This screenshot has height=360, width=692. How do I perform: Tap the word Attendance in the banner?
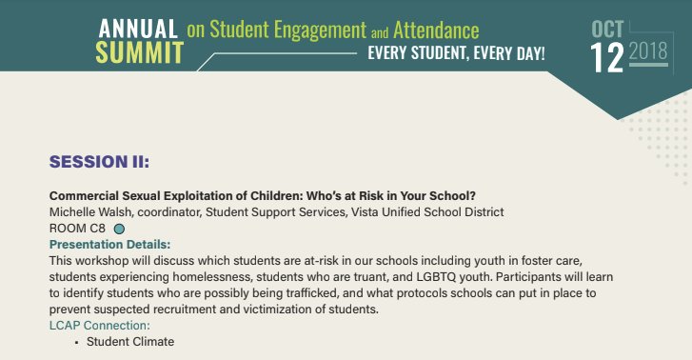pyautogui.click(x=433, y=30)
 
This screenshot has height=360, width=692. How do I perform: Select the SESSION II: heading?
pyautogui.click(x=99, y=161)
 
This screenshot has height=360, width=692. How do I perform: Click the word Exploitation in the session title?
pyautogui.click(x=218, y=196)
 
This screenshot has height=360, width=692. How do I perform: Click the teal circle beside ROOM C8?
pyautogui.click(x=119, y=230)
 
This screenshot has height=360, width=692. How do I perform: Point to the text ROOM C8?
pyautogui.click(x=77, y=229)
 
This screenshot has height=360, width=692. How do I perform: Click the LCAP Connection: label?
pyautogui.click(x=99, y=326)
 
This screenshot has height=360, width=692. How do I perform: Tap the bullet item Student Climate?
pyautogui.click(x=130, y=341)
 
